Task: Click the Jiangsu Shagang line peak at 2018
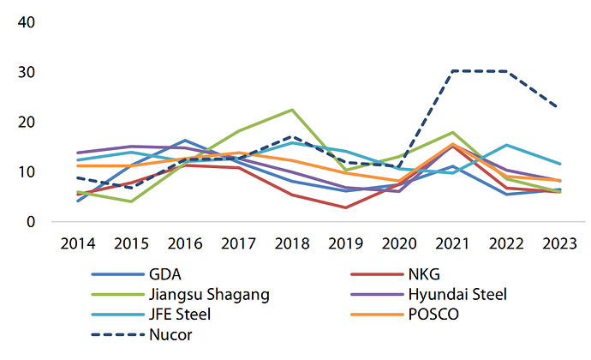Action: click(292, 110)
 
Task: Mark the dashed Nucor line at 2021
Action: click(452, 71)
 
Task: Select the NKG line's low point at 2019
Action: click(345, 207)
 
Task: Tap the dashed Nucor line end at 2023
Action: click(560, 108)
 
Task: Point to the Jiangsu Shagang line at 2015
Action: click(130, 201)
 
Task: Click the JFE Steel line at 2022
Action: click(506, 145)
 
